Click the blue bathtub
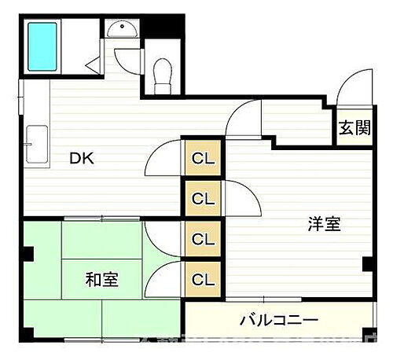tap(43, 47)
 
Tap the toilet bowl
tap(163, 72)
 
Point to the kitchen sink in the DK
tap(35, 142)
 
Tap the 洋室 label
tap(323, 225)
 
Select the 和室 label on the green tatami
tap(102, 279)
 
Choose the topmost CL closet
tap(204, 158)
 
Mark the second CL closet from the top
tap(204, 198)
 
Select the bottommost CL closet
tap(204, 278)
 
